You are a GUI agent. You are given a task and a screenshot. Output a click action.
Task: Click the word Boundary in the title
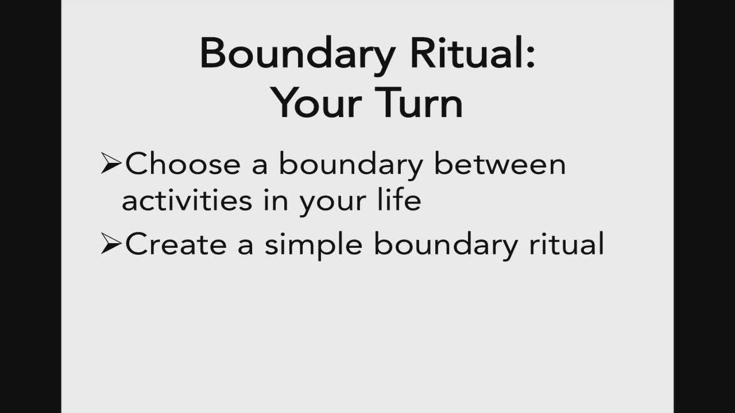pyautogui.click(x=297, y=56)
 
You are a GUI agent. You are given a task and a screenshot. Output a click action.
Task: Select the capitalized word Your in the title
pyautogui.click(x=316, y=102)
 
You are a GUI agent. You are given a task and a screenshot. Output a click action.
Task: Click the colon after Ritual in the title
pyautogui.click(x=531, y=56)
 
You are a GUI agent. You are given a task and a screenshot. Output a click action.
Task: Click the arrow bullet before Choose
pyautogui.click(x=111, y=163)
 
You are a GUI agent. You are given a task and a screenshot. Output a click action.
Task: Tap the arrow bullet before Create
pyautogui.click(x=111, y=243)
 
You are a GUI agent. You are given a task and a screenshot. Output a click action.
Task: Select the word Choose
pyautogui.click(x=183, y=163)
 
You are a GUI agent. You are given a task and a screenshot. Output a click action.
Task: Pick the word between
pyautogui.click(x=500, y=163)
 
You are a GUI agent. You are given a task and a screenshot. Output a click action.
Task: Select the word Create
pyautogui.click(x=176, y=244)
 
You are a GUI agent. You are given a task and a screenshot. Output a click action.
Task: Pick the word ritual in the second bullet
pyautogui.click(x=567, y=244)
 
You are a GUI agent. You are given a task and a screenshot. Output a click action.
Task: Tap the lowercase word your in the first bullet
pyautogui.click(x=332, y=203)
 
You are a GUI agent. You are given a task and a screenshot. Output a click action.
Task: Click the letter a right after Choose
pyautogui.click(x=260, y=166)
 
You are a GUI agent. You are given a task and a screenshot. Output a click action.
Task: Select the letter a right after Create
pyautogui.click(x=245, y=247)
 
